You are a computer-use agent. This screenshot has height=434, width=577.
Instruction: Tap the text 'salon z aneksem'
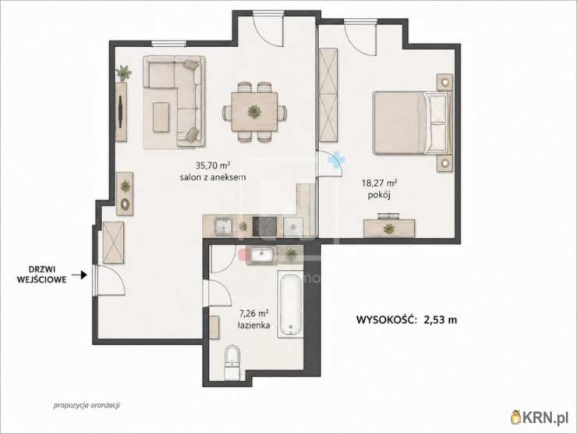pyautogui.click(x=213, y=177)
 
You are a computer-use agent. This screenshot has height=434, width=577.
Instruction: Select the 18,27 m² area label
pyautogui.click(x=380, y=183)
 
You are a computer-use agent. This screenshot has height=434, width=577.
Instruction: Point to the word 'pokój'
pyautogui.click(x=379, y=195)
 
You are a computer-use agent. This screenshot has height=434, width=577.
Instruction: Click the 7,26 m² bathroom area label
pyautogui.click(x=253, y=314)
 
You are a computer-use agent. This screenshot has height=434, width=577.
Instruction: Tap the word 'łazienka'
pyautogui.click(x=253, y=325)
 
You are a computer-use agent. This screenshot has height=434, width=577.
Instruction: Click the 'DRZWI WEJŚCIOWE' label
pyautogui.click(x=41, y=275)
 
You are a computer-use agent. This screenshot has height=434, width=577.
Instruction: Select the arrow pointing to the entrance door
pyautogui.click(x=79, y=275)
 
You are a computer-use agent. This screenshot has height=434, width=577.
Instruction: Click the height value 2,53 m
pyautogui.click(x=441, y=319)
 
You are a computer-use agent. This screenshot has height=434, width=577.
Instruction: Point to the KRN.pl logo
pyautogui.click(x=540, y=417)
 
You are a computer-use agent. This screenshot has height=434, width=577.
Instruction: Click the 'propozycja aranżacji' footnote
pyautogui.click(x=87, y=405)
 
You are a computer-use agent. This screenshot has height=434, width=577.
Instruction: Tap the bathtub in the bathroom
pyautogui.click(x=290, y=304)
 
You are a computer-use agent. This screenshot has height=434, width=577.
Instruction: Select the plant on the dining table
pyautogui.click(x=254, y=111)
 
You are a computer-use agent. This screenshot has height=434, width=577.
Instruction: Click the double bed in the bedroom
pyautogui.click(x=412, y=123)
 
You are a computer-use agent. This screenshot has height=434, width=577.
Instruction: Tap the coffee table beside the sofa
pyautogui.click(x=161, y=117)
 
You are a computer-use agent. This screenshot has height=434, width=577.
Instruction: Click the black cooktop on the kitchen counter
pyautogui.click(x=264, y=227)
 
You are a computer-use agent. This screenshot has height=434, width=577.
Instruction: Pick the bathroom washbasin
pyautogui.click(x=261, y=254)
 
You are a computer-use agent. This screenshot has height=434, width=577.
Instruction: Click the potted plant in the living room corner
pyautogui.click(x=124, y=72)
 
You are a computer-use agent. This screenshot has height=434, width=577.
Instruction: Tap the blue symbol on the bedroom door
pyautogui.click(x=336, y=159)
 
